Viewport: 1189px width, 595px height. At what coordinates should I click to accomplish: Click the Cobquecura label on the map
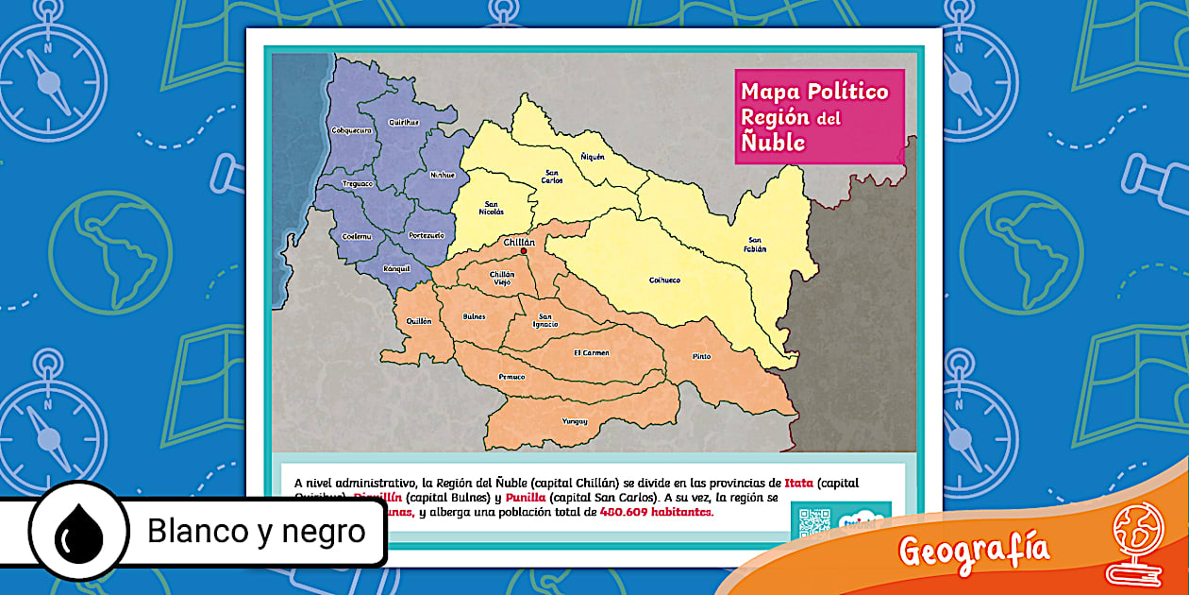tap(352, 129)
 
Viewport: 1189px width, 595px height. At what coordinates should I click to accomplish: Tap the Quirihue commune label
tap(404, 122)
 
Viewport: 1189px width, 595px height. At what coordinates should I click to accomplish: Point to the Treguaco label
tap(358, 183)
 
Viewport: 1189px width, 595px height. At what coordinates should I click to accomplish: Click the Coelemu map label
tap(357, 235)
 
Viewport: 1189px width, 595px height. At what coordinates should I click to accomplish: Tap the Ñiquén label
tap(593, 156)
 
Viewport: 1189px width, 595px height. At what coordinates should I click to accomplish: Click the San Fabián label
tap(756, 245)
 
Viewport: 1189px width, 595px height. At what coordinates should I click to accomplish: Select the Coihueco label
tap(665, 280)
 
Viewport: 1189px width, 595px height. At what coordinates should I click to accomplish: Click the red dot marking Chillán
tap(524, 251)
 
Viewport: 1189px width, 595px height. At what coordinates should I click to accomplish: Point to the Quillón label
tap(419, 321)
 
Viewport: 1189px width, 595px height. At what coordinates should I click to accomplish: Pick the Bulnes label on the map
tap(475, 316)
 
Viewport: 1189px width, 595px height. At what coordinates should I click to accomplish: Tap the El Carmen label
tap(592, 352)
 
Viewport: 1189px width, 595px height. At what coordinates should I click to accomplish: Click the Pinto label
tap(702, 356)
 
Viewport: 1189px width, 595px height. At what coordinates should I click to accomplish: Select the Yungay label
tap(575, 420)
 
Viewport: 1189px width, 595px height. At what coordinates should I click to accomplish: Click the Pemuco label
tap(511, 377)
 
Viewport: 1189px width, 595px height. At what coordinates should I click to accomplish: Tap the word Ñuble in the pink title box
tap(773, 143)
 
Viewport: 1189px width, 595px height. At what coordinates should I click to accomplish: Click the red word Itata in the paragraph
tap(798, 483)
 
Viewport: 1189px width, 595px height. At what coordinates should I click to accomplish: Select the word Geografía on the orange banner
tap(974, 549)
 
